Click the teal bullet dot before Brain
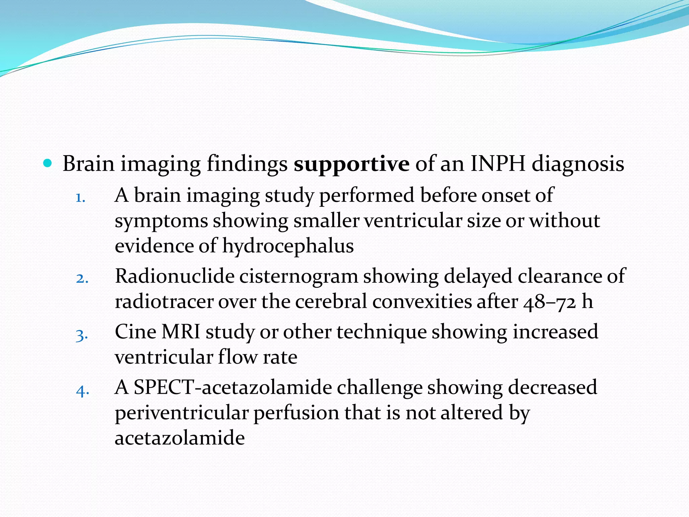(x=48, y=164)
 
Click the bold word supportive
(x=351, y=164)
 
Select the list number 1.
(x=80, y=198)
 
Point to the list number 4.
(x=82, y=391)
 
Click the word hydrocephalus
(x=288, y=246)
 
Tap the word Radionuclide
(x=175, y=276)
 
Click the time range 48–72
(x=550, y=302)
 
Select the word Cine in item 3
(x=135, y=332)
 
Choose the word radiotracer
(x=164, y=302)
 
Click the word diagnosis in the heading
(x=578, y=164)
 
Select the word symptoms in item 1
(x=161, y=221)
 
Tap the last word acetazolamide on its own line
(x=180, y=438)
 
